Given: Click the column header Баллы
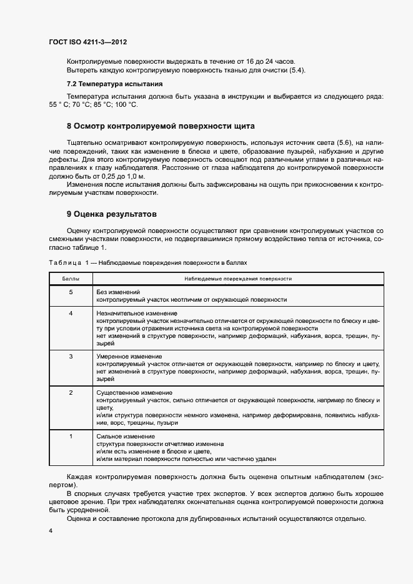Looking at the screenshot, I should (x=70, y=278).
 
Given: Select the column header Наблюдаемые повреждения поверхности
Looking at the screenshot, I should (x=238, y=278).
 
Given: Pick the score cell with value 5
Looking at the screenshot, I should (x=71, y=292).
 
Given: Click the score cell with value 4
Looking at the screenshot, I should (x=71, y=313).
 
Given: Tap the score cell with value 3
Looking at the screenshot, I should (x=71, y=356).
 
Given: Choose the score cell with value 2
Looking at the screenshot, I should (x=71, y=392).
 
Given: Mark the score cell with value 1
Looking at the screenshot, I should (x=71, y=435).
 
